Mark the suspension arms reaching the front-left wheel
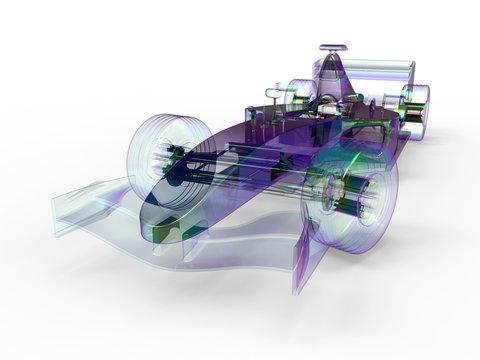[200, 160]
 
